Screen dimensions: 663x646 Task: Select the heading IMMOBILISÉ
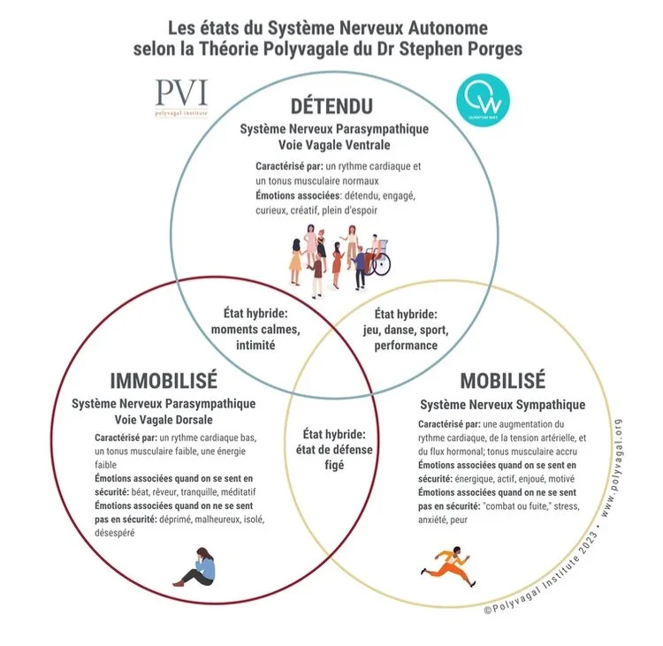click(164, 381)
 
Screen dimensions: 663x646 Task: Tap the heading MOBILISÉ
click(502, 382)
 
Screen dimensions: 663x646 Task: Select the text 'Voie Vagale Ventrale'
click(333, 143)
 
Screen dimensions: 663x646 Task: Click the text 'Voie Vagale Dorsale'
click(164, 419)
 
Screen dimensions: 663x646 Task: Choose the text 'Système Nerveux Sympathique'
click(502, 405)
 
